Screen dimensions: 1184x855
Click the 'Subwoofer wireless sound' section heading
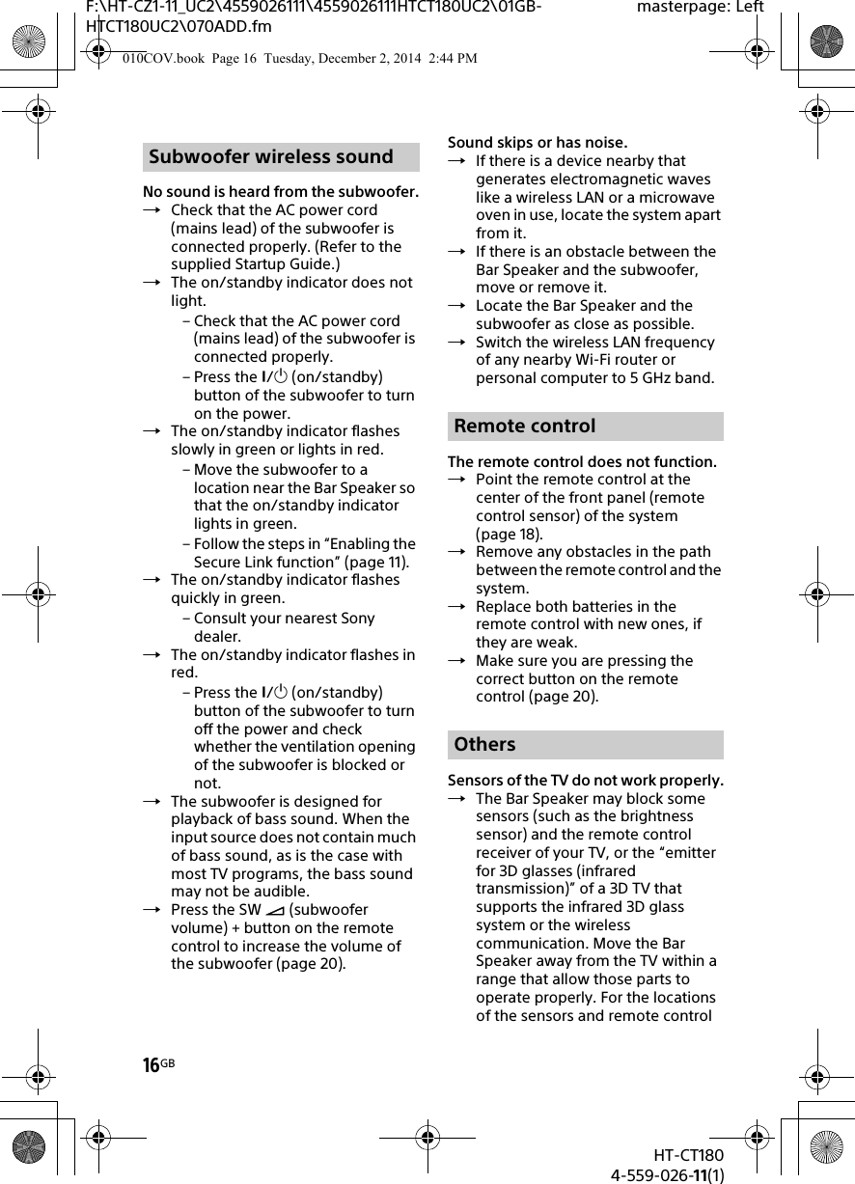click(271, 157)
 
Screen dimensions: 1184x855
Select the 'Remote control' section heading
click(525, 427)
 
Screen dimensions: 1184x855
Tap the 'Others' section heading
click(485, 745)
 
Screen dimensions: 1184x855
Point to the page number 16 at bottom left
click(152, 1065)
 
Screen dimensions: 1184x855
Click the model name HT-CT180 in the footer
click(687, 1156)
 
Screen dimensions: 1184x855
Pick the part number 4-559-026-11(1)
click(668, 1174)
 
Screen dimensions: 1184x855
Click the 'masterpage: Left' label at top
click(700, 8)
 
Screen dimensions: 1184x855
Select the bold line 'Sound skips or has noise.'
click(538, 143)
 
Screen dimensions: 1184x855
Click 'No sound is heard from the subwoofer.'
click(281, 191)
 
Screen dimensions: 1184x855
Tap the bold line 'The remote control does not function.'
click(582, 462)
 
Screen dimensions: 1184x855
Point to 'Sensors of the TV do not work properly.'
click(586, 780)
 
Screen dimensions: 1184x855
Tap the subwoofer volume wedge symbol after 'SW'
click(275, 910)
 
